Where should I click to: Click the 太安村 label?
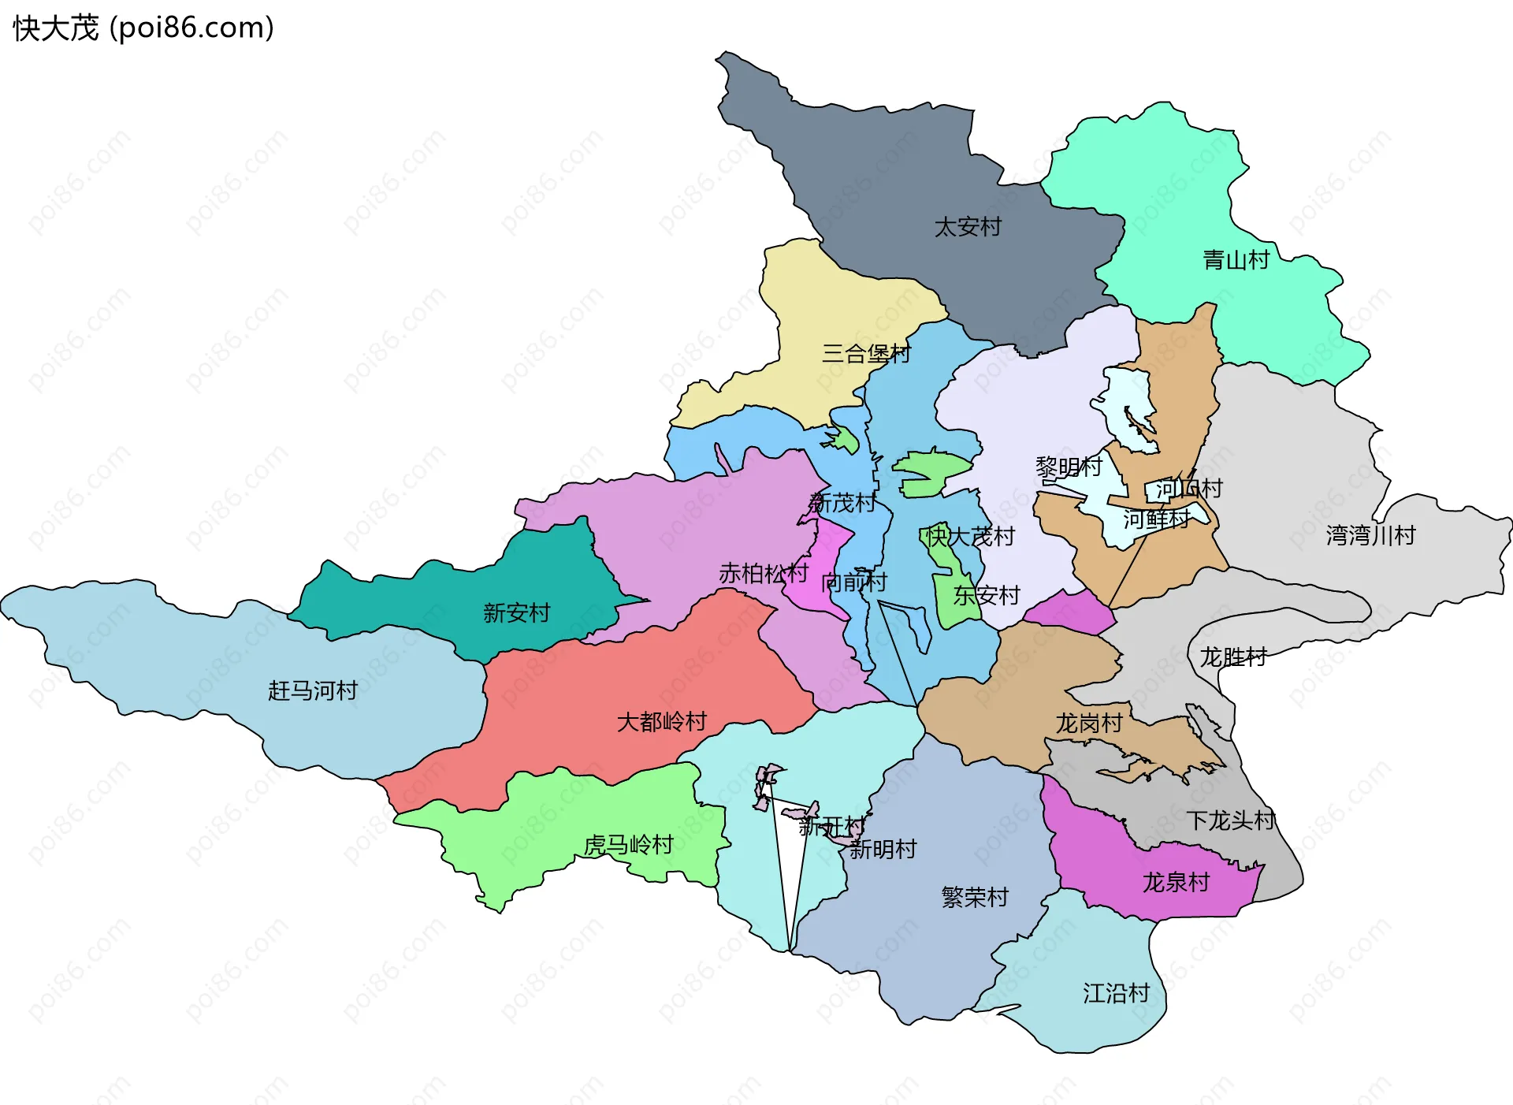point(967,227)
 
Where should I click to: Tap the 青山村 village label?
point(1236,259)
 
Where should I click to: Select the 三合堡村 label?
point(865,353)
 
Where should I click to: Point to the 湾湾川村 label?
point(1370,535)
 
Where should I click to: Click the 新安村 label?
point(516,612)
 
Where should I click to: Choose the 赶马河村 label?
point(313,690)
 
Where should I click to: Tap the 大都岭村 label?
point(661,721)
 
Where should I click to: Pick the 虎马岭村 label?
point(628,845)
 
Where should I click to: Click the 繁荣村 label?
point(975,897)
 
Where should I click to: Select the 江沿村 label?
point(1116,993)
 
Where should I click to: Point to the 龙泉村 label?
point(1176,882)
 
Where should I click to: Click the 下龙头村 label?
point(1230,820)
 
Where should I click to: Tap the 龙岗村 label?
point(1088,723)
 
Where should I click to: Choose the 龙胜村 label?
point(1232,657)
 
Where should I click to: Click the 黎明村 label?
point(1068,467)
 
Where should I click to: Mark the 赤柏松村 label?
point(763,573)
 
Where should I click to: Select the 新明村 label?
point(883,849)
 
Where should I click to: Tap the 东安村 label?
point(986,595)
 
